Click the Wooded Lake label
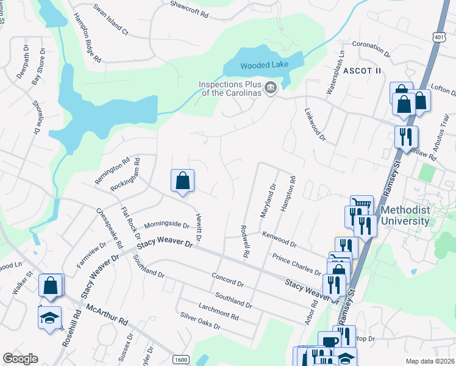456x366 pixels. (x=263, y=65)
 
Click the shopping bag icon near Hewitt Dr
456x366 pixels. (x=182, y=181)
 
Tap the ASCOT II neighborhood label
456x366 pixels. (x=362, y=71)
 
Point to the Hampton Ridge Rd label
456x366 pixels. (x=87, y=38)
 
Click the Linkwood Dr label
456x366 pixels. (x=315, y=124)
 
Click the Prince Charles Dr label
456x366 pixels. (x=297, y=264)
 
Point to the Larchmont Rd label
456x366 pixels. (x=218, y=310)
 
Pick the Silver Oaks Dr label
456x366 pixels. (x=200, y=321)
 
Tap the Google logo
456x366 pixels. (x=20, y=359)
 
